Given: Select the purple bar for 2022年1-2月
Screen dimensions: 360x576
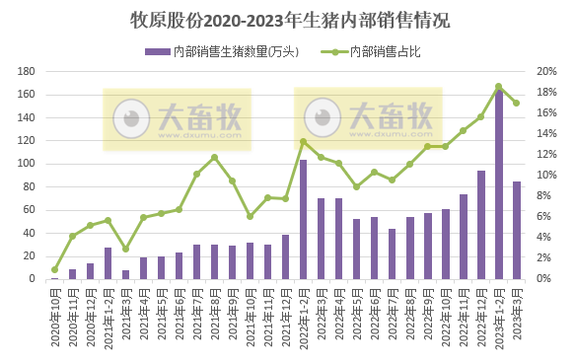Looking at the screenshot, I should [303, 220].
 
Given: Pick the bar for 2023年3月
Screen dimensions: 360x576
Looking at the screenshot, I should [516, 231].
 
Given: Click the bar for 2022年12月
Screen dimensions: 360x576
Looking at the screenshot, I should [480, 225].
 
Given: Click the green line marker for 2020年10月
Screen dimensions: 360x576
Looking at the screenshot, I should [54, 269].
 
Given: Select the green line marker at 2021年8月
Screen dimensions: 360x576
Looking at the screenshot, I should [214, 157].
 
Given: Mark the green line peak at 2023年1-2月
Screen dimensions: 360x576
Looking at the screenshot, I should [498, 87].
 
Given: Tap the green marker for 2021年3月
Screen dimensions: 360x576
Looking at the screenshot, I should [125, 249].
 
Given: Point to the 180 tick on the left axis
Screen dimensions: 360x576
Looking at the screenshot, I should [28, 71].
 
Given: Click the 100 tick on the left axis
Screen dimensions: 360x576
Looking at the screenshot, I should [28, 164].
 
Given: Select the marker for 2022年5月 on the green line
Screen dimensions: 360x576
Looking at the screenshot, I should [356, 186].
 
